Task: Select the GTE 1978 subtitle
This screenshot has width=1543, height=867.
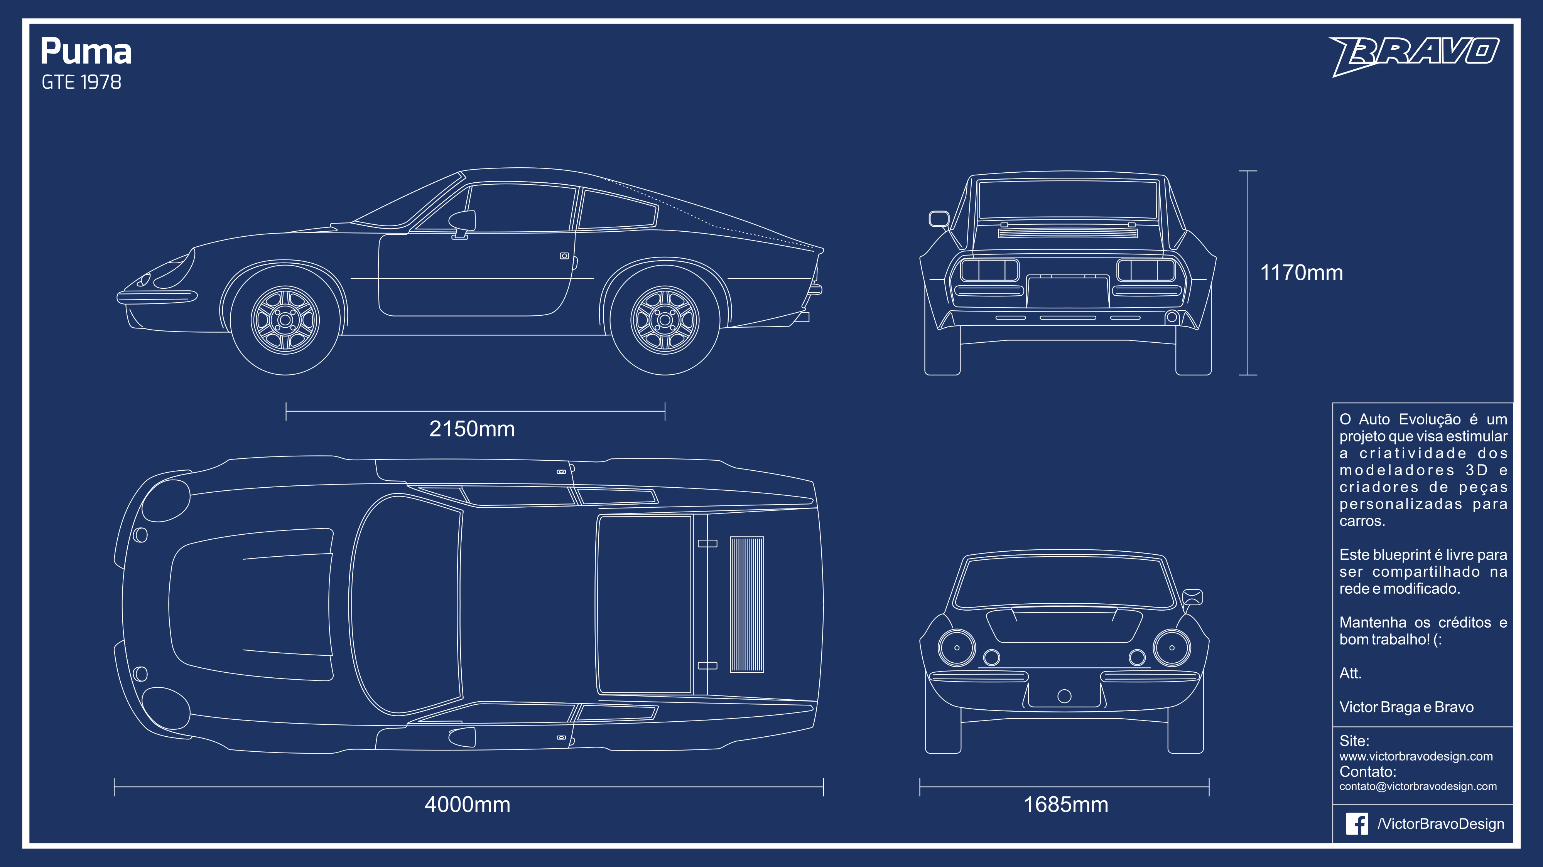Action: coord(81,82)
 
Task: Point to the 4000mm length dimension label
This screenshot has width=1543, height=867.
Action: coord(467,804)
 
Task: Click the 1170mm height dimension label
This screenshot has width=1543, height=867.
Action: coord(1302,273)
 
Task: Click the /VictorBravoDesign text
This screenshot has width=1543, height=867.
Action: coord(1440,824)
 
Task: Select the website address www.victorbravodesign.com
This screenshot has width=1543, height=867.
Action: coord(1416,756)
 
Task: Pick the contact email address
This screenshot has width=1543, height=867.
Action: coord(1418,786)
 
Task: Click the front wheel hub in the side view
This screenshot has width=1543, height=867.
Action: coord(285,320)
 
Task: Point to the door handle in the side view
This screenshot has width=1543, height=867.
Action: coord(564,256)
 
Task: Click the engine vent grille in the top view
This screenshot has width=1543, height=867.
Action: coord(747,604)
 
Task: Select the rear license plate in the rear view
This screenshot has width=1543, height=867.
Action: coord(1067,291)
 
